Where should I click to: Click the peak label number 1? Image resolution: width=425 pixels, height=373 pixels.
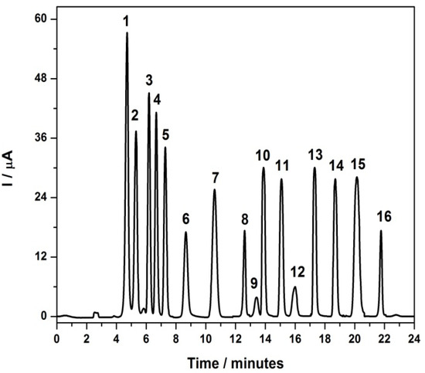126,22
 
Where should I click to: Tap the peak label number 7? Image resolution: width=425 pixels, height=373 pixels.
216,179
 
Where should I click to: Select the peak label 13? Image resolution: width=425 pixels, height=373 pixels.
315,154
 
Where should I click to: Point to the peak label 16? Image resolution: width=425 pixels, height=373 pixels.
384,217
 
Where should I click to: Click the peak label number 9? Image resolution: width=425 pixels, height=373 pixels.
253,283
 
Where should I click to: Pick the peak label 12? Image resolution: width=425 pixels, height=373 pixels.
297,272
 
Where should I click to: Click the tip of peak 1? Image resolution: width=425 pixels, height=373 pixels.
127,33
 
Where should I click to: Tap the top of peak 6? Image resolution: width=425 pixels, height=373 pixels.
185,232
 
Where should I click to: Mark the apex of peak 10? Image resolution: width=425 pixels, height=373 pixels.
263,168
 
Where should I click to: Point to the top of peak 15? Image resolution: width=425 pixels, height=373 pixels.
357,178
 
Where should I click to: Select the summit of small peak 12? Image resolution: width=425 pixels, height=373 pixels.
294,287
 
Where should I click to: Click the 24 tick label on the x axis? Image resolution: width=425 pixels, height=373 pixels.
414,337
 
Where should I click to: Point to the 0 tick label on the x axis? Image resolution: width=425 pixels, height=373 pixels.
56,337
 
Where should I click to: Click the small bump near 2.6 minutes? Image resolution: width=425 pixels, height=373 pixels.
96,313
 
